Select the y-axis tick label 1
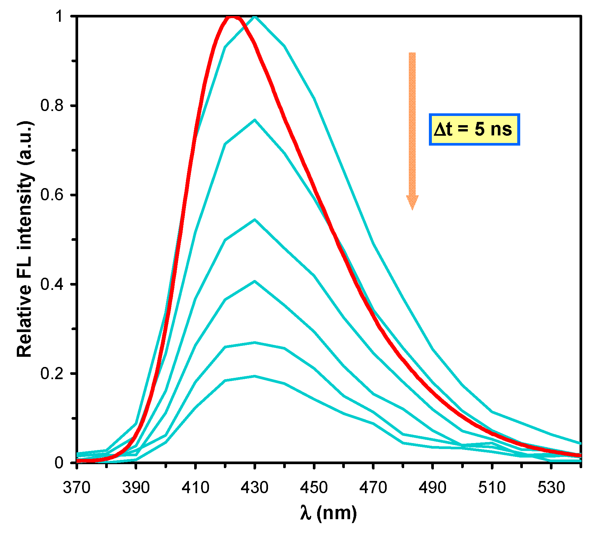point(59,16)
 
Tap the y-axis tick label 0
point(59,463)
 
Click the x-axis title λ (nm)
point(328,513)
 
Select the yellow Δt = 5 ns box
point(474,129)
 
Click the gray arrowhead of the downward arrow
point(412,202)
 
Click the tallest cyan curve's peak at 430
point(255,16)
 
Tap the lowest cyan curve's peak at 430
point(255,376)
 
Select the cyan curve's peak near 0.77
point(255,120)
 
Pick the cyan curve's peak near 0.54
point(255,220)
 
